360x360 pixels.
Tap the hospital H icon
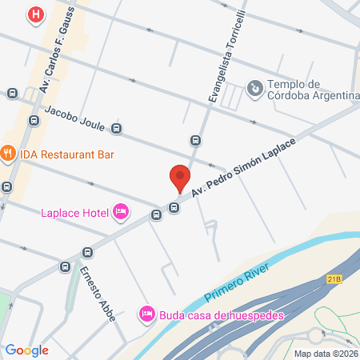(x=35, y=14)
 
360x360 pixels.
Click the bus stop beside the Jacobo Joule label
(x=117, y=128)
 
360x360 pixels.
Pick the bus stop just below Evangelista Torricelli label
(x=195, y=141)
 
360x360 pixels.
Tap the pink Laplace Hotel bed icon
(x=121, y=211)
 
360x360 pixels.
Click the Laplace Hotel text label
(x=74, y=211)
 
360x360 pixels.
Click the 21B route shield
(x=334, y=279)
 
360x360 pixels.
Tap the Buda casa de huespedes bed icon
(x=146, y=314)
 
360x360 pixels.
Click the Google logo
(x=27, y=350)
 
